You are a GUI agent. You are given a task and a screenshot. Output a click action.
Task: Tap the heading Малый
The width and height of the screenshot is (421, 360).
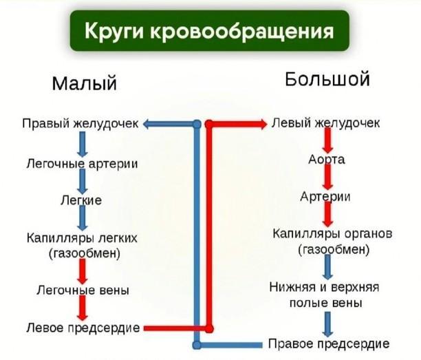85,83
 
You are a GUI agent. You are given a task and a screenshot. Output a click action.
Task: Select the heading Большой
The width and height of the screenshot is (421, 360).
327,79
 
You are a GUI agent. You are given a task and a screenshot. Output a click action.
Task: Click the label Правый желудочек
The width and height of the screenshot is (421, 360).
80,124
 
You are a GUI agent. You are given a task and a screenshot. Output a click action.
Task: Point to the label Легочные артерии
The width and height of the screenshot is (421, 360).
82,164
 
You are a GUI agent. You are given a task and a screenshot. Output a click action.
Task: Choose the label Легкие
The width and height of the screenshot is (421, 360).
81,200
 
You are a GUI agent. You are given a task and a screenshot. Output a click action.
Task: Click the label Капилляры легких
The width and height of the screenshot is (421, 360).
82,238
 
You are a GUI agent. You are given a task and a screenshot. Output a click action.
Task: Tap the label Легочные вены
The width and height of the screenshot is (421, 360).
83,290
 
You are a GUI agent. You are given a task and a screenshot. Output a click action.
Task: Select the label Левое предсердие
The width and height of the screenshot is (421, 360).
83,328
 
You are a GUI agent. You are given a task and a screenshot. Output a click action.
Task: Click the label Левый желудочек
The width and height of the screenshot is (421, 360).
325,123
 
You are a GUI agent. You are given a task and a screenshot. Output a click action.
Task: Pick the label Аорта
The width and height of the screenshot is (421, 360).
327,160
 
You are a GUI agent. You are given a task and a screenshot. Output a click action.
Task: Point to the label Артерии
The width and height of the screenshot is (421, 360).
325,196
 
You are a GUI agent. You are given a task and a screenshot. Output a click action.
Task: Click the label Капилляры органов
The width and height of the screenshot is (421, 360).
332,233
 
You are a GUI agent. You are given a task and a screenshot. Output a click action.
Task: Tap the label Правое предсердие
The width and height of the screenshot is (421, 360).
329,343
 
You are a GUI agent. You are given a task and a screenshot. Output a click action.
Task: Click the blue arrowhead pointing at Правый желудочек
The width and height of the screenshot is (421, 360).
147,124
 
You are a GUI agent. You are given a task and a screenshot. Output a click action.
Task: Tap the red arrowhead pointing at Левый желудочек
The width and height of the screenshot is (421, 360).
263,124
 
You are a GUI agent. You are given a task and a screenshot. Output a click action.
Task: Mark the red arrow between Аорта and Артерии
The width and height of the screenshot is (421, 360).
327,177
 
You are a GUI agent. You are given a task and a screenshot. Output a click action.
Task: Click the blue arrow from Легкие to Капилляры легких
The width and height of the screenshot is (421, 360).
83,218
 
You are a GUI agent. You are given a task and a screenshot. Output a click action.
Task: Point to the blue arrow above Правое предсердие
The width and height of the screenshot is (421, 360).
327,324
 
